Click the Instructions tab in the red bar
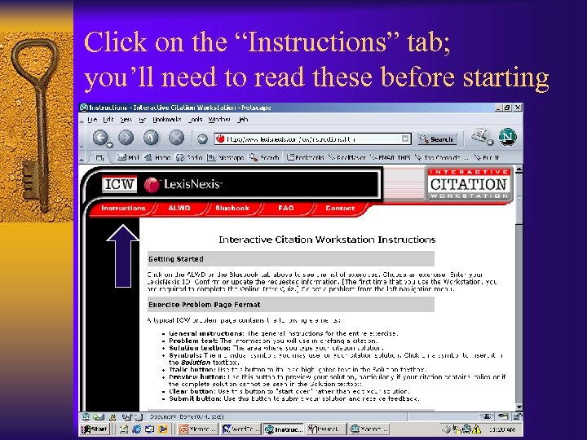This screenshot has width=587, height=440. [123, 209]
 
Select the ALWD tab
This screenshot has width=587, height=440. [179, 209]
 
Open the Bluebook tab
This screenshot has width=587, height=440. [232, 209]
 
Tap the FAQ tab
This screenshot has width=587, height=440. [285, 209]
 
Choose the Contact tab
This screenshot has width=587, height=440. [340, 209]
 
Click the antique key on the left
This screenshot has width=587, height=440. [33, 122]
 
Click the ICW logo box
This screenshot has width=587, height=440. [119, 184]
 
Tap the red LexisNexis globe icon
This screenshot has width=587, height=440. [152, 184]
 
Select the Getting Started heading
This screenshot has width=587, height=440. [175, 259]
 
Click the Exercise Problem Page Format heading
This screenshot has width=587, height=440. [203, 305]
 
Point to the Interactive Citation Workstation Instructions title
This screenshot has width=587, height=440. [327, 240]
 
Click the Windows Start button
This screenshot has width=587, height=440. [95, 429]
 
